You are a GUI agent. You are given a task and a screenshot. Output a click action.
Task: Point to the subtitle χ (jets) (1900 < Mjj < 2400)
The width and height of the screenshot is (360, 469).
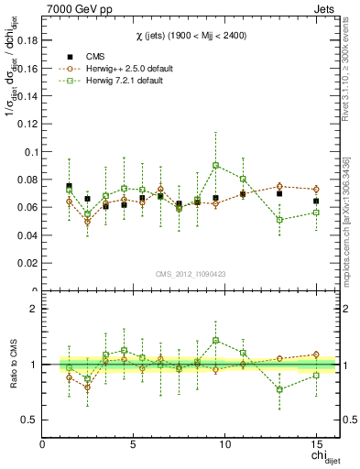pyautogui.click(x=191, y=35)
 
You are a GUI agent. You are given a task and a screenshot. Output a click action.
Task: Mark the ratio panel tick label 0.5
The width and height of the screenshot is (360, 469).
pyautogui.click(x=28, y=420)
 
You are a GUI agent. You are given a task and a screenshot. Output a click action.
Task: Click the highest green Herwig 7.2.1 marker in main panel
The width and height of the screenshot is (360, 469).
pyautogui.click(x=215, y=166)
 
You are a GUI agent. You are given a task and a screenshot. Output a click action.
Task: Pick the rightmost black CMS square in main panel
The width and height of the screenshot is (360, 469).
pyautogui.click(x=316, y=201)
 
